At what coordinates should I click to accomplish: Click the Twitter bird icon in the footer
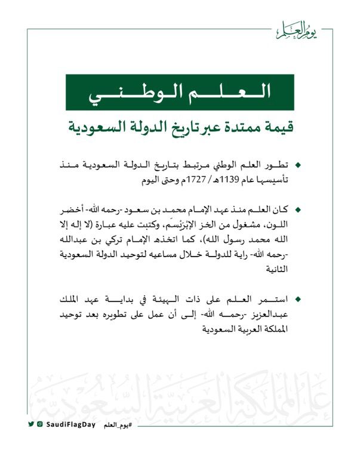[x=30, y=424]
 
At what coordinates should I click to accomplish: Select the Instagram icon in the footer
[x=39, y=424]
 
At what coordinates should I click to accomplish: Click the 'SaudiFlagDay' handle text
[x=67, y=424]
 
